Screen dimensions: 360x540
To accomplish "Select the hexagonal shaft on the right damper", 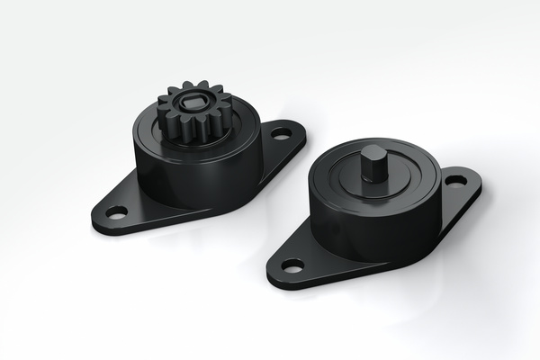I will pos(372,163).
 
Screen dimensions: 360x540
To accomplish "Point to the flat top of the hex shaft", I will pos(372,150).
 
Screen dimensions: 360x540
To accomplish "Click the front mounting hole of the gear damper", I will pos(116,212).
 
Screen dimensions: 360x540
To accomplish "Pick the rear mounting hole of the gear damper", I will pos(282,133).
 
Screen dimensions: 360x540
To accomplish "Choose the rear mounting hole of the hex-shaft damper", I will pos(455,180).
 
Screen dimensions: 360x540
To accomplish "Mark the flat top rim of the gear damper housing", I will pos(238,135).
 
